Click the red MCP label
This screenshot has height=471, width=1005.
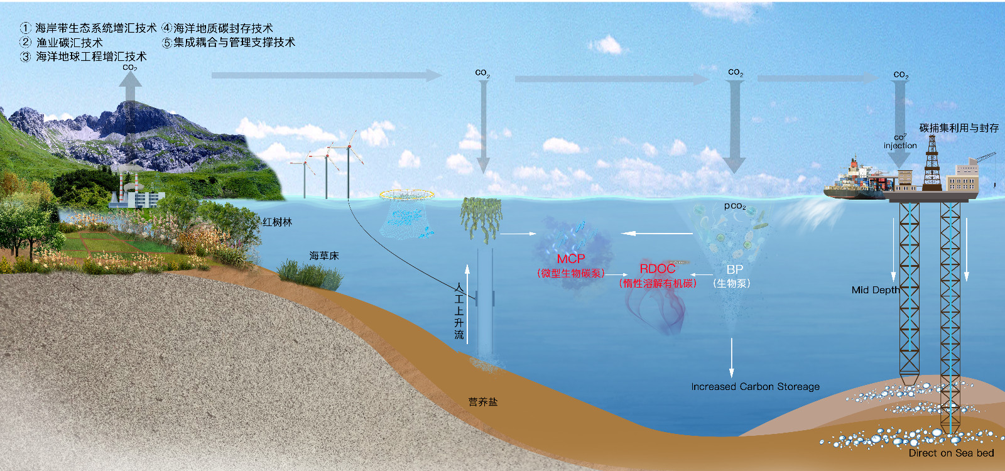pyautogui.click(x=570, y=259)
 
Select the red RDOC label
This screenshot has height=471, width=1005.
pyautogui.click(x=657, y=269)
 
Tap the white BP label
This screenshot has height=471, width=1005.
pyautogui.click(x=734, y=269)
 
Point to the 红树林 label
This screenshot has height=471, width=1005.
pyautogui.click(x=277, y=222)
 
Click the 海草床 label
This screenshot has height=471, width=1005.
pyautogui.click(x=323, y=256)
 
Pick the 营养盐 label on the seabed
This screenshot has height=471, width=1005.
pyautogui.click(x=482, y=402)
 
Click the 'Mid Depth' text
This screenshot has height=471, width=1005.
pyautogui.click(x=875, y=290)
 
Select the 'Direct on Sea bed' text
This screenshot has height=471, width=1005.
pyautogui.click(x=951, y=453)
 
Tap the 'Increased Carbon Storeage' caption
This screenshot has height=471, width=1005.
pyautogui.click(x=755, y=387)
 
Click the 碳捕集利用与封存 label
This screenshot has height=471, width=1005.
pyautogui.click(x=959, y=128)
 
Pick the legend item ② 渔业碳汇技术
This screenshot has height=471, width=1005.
pyautogui.click(x=62, y=43)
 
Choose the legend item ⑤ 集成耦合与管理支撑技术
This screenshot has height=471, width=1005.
pyautogui.click(x=229, y=43)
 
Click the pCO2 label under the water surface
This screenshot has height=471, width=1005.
pyautogui.click(x=734, y=206)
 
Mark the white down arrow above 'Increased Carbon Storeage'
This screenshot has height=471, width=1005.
pyautogui.click(x=732, y=358)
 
